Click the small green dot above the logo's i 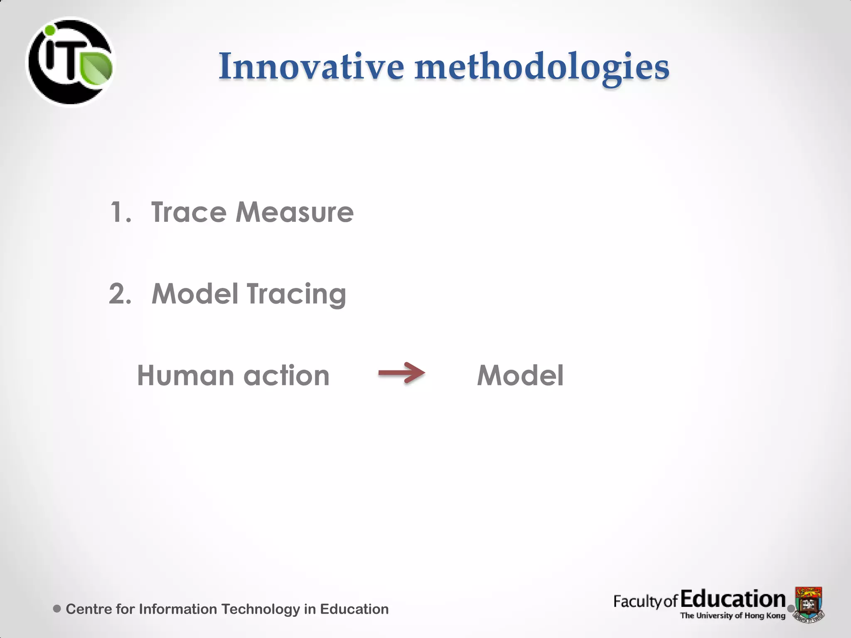(50, 30)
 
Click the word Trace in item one (189, 212)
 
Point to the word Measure (294, 212)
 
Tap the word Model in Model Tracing (194, 294)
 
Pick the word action (286, 375)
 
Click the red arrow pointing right (401, 373)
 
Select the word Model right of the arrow (520, 375)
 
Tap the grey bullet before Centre (57, 609)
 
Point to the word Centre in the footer (89, 609)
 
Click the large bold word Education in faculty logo (733, 599)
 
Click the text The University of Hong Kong (732, 616)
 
